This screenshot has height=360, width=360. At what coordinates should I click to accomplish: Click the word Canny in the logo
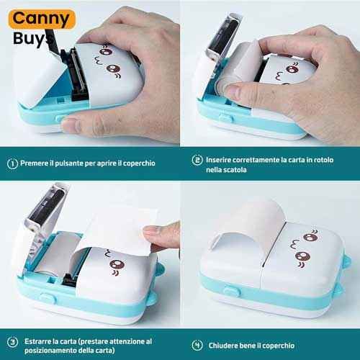pyautogui.click(x=41, y=19)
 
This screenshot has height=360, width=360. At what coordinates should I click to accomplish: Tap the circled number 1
pyautogui.click(x=12, y=163)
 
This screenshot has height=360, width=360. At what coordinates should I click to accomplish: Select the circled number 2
pyautogui.click(x=197, y=160)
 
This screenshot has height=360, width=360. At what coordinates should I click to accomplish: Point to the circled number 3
pyautogui.click(x=12, y=341)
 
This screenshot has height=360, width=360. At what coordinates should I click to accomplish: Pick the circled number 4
pyautogui.click(x=197, y=346)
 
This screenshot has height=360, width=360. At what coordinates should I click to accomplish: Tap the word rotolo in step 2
pyautogui.click(x=324, y=160)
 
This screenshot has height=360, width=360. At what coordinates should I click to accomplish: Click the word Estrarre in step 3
pyautogui.click(x=37, y=341)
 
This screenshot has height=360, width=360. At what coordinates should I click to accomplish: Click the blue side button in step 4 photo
pyautogui.click(x=232, y=291)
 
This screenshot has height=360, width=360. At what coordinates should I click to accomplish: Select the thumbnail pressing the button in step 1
pyautogui.click(x=71, y=124)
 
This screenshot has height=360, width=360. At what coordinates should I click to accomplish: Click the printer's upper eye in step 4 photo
pyautogui.click(x=309, y=238)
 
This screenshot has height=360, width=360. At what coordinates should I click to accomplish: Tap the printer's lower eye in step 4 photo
pyautogui.click(x=302, y=256)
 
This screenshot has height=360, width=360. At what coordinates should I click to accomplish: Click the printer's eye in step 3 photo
pyautogui.click(x=117, y=264)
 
